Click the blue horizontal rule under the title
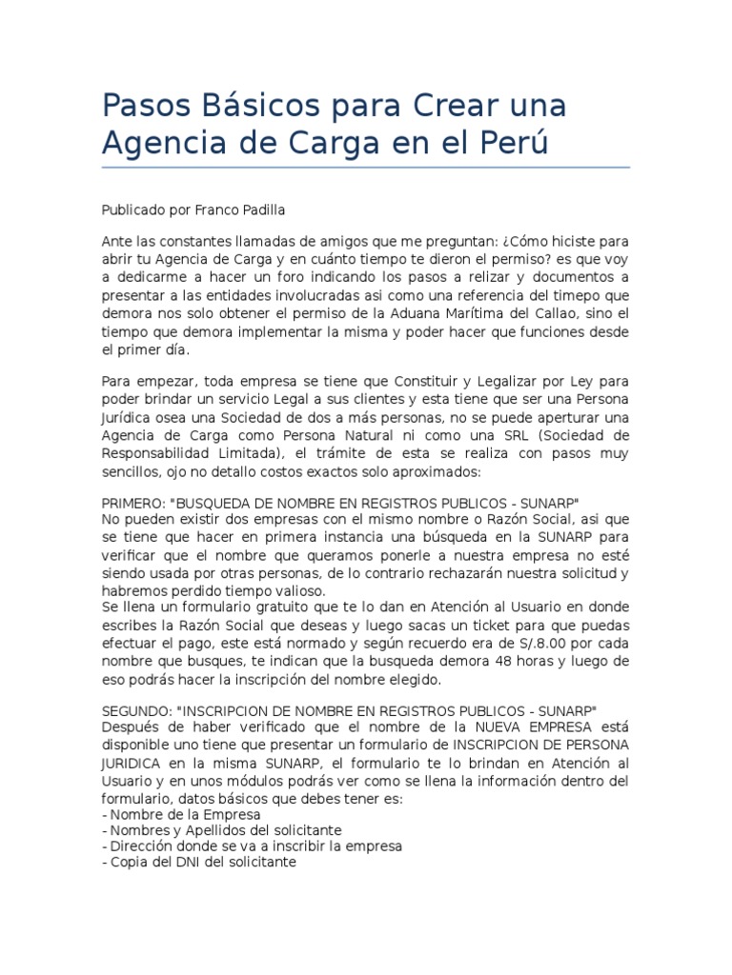pyautogui.click(x=366, y=168)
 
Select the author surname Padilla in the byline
pyautogui.click(x=266, y=210)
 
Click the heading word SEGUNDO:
pyautogui.click(x=137, y=711)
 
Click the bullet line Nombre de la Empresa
pyautogui.click(x=179, y=815)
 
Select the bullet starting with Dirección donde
pyautogui.click(x=252, y=846)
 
